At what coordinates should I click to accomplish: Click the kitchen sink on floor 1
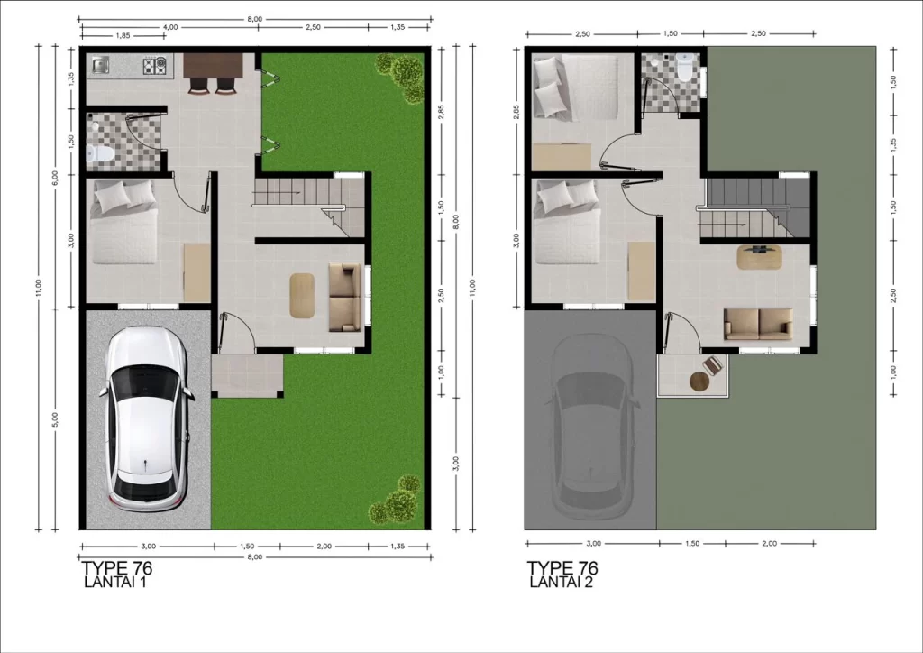pos(100,65)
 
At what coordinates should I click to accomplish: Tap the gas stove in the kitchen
pos(155,65)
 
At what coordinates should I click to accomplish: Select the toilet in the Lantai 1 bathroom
pos(99,153)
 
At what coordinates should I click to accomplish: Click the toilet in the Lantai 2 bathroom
pos(685,68)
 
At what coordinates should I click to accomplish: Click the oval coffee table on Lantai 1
pos(302,296)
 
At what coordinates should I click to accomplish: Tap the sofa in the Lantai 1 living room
pos(343,298)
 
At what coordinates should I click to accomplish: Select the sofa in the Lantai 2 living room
pos(758,324)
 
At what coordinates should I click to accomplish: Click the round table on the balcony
pos(699,382)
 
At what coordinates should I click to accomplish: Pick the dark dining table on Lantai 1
pos(213,65)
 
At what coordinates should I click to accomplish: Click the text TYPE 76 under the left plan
pos(117,568)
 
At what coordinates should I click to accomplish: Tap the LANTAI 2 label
pos(561,583)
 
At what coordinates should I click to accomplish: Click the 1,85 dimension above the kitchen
pos(123,36)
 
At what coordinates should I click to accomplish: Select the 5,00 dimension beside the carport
pos(55,418)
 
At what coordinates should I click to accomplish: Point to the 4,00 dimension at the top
pos(170,27)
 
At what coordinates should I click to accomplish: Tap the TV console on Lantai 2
pos(759,257)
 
